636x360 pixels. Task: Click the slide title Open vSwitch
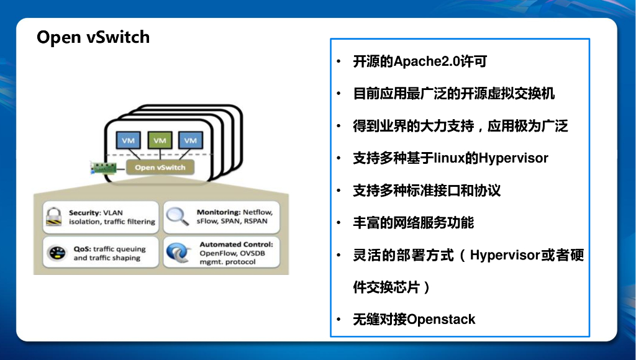click(93, 37)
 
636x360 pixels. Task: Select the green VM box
click(160, 140)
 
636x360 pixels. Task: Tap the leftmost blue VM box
click(129, 140)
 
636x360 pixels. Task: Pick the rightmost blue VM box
click(191, 140)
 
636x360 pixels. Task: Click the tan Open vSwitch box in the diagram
click(160, 167)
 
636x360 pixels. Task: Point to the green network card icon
click(105, 168)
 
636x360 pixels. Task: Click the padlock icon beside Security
click(55, 217)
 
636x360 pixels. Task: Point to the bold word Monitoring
click(218, 212)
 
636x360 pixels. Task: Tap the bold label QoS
click(81, 249)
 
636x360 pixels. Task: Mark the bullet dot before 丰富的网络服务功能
click(338, 223)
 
